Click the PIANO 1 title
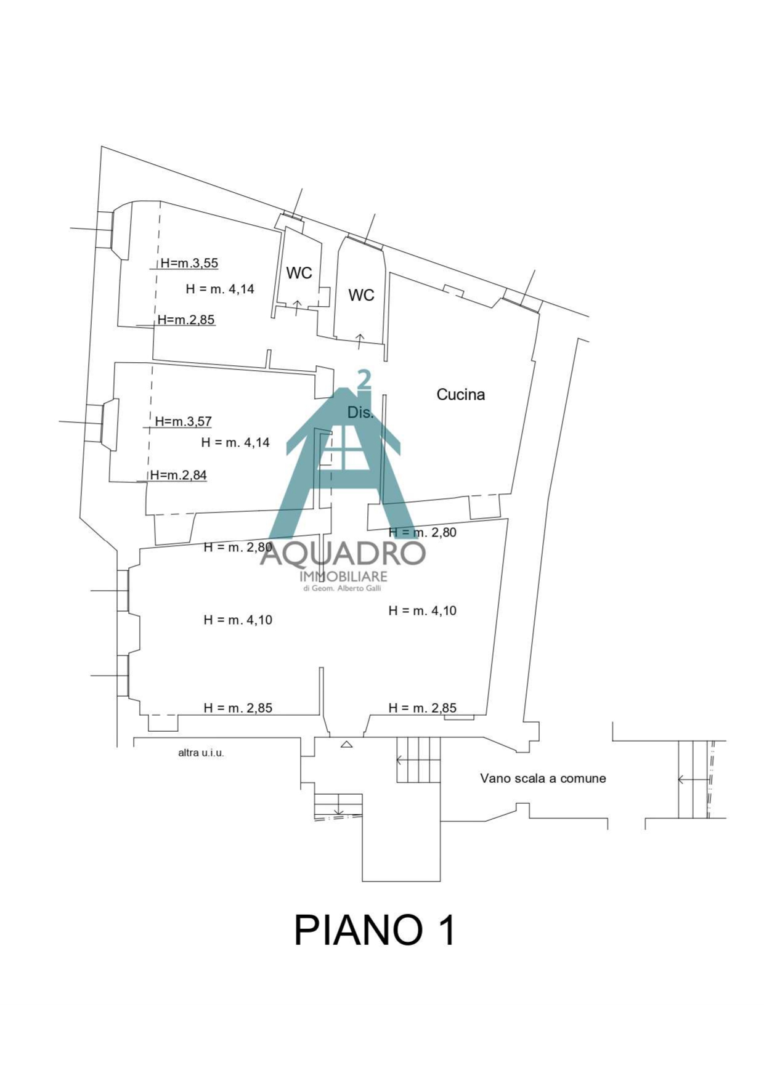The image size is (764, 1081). pos(375,930)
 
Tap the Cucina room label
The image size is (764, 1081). pos(460,394)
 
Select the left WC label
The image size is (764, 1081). pos(299,273)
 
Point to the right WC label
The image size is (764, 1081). pos(361,295)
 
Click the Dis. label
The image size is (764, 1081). pos(360,413)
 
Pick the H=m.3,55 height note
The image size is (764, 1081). pos(189,263)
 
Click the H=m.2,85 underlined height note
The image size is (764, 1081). pos(186,320)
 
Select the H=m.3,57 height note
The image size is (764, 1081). pos(183,421)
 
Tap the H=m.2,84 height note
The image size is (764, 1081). pos(179,475)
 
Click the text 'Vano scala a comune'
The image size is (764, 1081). pos(543,779)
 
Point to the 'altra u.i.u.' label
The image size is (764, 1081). pos(201,753)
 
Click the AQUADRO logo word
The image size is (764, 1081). pos(343,553)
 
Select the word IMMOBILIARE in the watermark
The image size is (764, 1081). pos(343,577)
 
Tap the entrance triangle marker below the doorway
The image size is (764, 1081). pos(346,744)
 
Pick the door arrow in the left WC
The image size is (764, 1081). pos(297,307)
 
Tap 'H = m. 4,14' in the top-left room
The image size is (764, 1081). pos(220,289)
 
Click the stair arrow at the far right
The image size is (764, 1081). pos(693,780)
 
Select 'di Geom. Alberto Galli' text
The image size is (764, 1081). pos(343,588)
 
